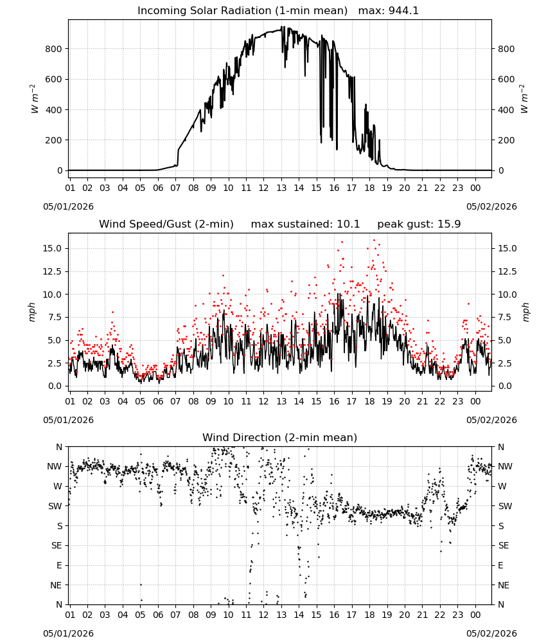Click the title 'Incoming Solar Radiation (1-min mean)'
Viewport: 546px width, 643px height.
242,11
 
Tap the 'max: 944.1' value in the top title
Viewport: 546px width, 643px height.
389,11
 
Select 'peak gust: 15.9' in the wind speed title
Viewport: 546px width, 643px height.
419,224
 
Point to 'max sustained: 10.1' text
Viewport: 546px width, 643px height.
305,224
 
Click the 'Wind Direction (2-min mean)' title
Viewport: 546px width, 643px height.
280,437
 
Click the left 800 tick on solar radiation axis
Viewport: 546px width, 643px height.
54,49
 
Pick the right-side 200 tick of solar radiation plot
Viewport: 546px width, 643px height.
506,140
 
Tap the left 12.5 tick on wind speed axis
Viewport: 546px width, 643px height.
53,271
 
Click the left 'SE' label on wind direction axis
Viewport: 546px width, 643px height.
57,546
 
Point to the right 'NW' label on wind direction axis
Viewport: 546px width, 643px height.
505,467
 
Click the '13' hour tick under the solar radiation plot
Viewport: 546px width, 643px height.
281,188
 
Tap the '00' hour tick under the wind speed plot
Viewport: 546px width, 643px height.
475,401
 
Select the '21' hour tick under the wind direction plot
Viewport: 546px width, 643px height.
422,615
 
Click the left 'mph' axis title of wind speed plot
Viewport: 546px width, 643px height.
32,312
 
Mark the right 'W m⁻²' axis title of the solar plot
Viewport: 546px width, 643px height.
525,99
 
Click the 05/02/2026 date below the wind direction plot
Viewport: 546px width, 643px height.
491,633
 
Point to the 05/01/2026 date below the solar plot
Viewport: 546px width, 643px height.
68,206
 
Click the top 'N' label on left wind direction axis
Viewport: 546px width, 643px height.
59,447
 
